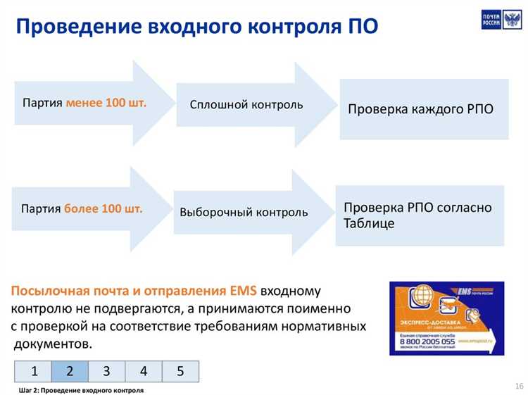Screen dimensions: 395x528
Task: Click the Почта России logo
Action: point(496,20)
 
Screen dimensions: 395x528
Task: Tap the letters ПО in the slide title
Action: point(363,27)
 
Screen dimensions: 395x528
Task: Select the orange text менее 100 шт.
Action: point(106,103)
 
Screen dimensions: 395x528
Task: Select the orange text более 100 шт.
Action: point(103,209)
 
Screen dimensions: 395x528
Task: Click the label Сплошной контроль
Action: point(246,105)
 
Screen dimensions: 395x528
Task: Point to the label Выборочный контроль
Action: point(244,212)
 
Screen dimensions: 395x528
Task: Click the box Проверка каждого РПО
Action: point(421,110)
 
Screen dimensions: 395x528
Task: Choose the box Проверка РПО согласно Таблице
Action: point(420,215)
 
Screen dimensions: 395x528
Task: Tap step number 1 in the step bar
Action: point(32,371)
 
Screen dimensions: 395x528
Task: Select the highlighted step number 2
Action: point(70,371)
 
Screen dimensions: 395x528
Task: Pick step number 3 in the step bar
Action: point(106,371)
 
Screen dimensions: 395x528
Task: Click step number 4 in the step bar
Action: point(143,371)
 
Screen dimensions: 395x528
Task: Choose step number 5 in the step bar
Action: point(180,371)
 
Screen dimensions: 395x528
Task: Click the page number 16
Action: point(519,386)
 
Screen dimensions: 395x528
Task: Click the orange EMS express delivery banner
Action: point(446,318)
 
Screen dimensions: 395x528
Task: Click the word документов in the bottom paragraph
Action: point(53,344)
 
